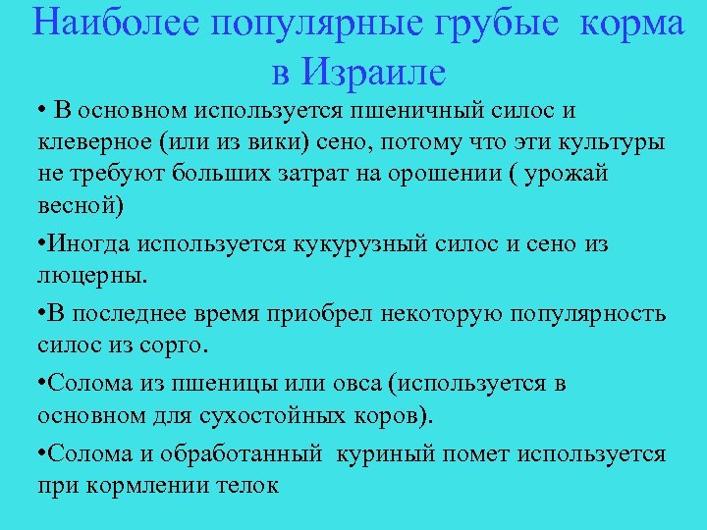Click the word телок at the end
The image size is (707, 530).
click(x=249, y=486)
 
